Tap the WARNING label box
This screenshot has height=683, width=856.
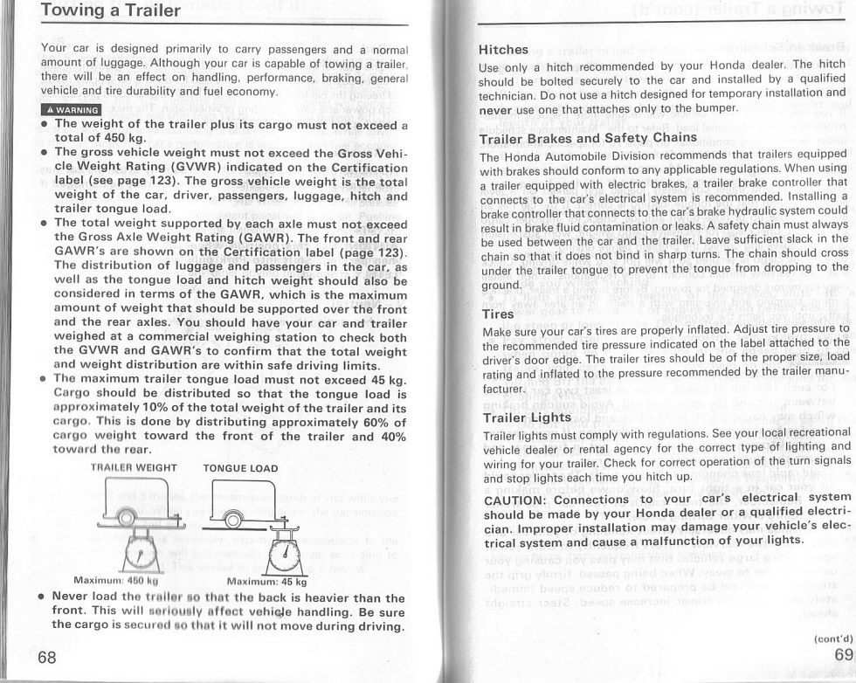tap(71, 109)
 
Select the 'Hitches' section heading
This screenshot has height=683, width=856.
tap(504, 50)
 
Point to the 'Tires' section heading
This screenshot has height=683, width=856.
tap(498, 314)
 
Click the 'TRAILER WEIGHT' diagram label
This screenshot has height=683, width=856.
tap(134, 468)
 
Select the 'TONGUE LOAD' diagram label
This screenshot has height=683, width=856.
tap(240, 468)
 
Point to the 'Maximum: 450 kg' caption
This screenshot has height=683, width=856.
tap(115, 581)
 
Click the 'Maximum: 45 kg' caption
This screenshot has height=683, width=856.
tap(266, 582)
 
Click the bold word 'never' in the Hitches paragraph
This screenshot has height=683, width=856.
tap(495, 108)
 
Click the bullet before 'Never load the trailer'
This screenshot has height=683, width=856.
tap(43, 599)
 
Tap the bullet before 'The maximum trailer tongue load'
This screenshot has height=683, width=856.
tap(44, 379)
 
